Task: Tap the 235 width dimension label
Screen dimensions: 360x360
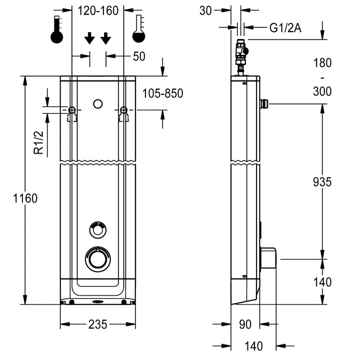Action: coord(98,324)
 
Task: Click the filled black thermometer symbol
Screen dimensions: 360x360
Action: coord(57,30)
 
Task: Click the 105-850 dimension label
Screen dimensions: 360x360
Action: coord(163,93)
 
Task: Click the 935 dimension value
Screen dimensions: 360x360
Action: coord(322,182)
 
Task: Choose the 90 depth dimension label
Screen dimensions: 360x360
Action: coord(245,324)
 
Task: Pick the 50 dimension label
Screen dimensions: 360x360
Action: coord(139,56)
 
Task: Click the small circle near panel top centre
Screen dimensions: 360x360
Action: coord(98,103)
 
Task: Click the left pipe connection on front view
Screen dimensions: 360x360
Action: coord(72,110)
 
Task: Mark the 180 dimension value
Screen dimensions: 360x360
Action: coord(322,63)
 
